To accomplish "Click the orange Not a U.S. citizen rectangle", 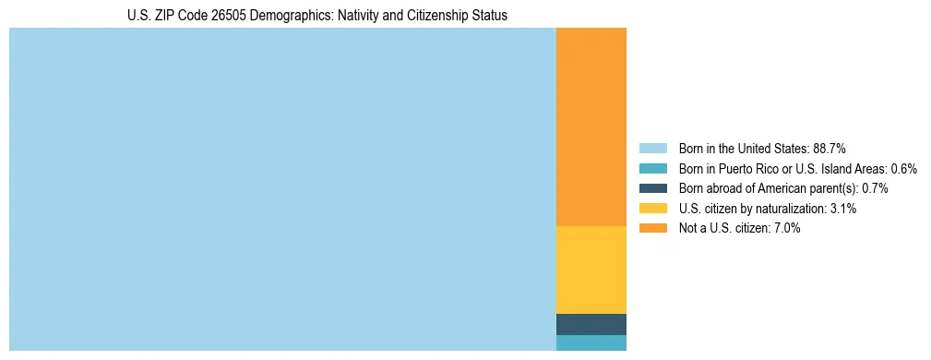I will click(x=591, y=126).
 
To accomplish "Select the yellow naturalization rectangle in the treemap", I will click(x=591, y=270).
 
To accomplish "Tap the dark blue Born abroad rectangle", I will click(x=591, y=324).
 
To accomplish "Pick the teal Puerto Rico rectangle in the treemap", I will click(x=591, y=342).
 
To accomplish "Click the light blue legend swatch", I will click(x=652, y=148).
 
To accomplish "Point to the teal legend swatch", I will click(x=652, y=168).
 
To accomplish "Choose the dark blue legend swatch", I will click(x=652, y=188).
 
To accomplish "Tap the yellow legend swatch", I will click(x=652, y=209).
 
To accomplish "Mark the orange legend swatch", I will click(x=652, y=228).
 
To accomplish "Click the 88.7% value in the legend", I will click(x=830, y=148).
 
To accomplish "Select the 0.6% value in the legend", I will click(x=903, y=168).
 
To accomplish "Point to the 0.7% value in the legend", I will click(x=875, y=188).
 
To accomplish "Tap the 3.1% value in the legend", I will click(x=842, y=209).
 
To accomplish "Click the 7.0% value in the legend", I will click(x=786, y=228).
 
